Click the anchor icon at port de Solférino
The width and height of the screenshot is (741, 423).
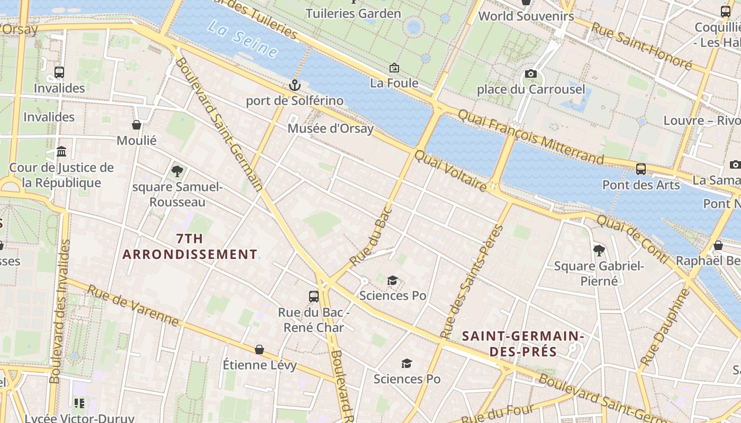(294, 85)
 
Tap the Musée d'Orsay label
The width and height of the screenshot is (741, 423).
(330, 128)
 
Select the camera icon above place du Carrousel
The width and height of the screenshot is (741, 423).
(530, 74)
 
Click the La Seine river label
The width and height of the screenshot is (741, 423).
(242, 39)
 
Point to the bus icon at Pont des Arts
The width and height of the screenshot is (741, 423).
(641, 169)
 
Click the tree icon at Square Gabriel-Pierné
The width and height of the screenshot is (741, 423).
(599, 250)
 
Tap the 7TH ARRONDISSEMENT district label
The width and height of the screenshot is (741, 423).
(189, 246)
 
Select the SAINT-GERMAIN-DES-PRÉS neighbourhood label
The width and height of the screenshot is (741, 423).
(522, 344)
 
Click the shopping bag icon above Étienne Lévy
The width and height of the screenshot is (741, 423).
(259, 350)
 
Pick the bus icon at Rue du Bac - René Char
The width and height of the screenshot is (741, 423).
(314, 296)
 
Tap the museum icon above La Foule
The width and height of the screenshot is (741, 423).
(394, 68)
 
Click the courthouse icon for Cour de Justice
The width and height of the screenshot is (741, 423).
(61, 152)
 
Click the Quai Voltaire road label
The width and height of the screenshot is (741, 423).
(450, 171)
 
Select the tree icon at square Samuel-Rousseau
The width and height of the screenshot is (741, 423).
(177, 171)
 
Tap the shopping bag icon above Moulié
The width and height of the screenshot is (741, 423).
(137, 125)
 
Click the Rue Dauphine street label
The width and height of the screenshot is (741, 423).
(665, 327)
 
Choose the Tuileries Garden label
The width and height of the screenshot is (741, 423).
(353, 13)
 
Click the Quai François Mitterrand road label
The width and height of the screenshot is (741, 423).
(530, 136)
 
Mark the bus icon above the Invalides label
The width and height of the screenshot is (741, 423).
(59, 72)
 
